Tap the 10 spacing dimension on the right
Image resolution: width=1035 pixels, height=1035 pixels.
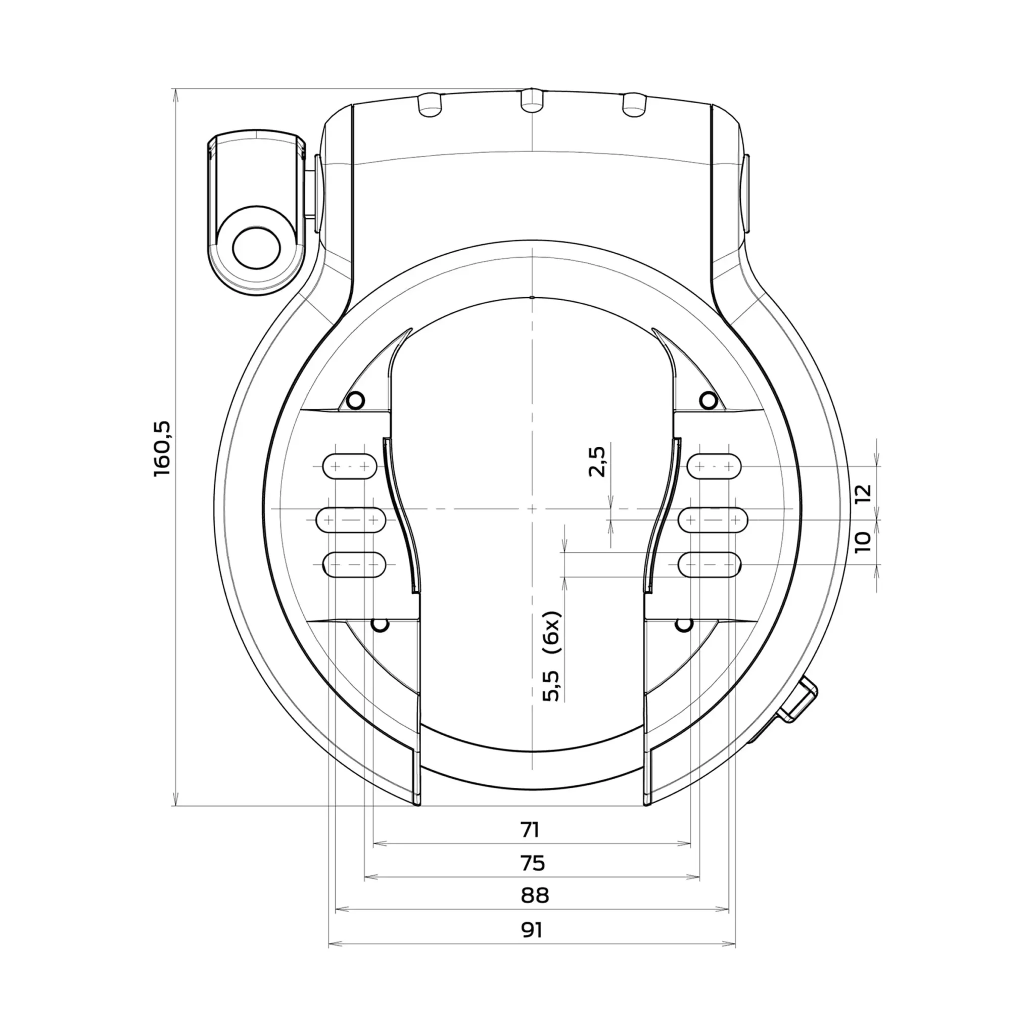[863, 543]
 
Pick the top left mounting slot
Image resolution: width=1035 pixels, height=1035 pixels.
[349, 466]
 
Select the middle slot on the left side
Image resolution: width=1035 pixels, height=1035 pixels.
[351, 520]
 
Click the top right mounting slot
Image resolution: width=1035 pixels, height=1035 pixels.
[714, 466]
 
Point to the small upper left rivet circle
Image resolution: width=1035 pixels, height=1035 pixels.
[356, 400]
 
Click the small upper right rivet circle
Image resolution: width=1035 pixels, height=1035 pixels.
[708, 400]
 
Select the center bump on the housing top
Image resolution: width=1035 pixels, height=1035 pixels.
[532, 100]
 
